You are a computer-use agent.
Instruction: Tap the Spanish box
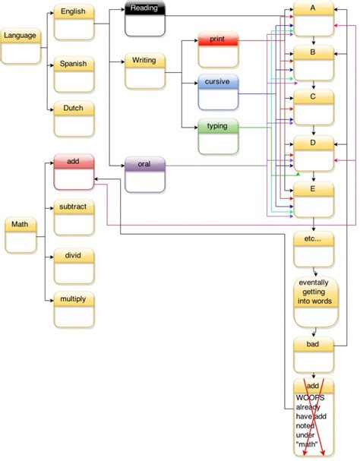tap(74, 74)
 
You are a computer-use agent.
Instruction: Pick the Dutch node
tap(74, 118)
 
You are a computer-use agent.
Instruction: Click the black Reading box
tap(144, 18)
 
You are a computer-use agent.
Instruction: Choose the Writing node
tap(144, 71)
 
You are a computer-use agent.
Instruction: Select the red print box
tap(217, 49)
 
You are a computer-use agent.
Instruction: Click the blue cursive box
tap(217, 92)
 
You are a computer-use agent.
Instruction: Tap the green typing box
tap(217, 135)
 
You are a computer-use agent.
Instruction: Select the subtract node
tap(74, 216)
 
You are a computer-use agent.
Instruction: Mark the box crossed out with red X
tap(314, 418)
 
